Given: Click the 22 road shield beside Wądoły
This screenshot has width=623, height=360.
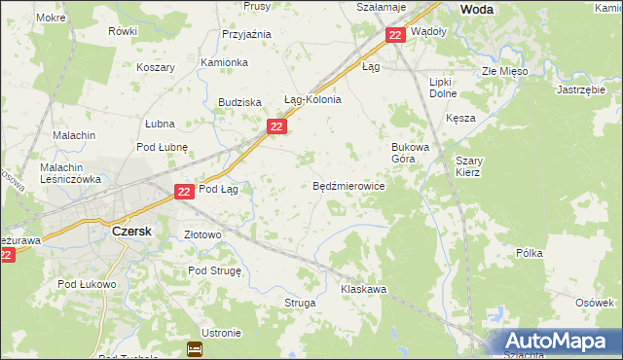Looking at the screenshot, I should point(394,35).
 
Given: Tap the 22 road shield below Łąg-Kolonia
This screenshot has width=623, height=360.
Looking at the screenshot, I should point(276,126).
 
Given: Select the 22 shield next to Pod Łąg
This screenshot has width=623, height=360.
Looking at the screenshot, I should point(184,193).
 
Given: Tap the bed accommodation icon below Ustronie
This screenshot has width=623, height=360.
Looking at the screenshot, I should point(195,348).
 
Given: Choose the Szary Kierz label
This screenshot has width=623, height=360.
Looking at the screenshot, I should point(467,165).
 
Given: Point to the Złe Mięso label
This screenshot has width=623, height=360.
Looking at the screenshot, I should point(504,72).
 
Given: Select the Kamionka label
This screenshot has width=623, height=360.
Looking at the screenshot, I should point(224,62).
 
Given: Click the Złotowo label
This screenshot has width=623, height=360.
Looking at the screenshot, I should point(203,234).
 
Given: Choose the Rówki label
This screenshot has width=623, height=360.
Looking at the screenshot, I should point(124,31).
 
